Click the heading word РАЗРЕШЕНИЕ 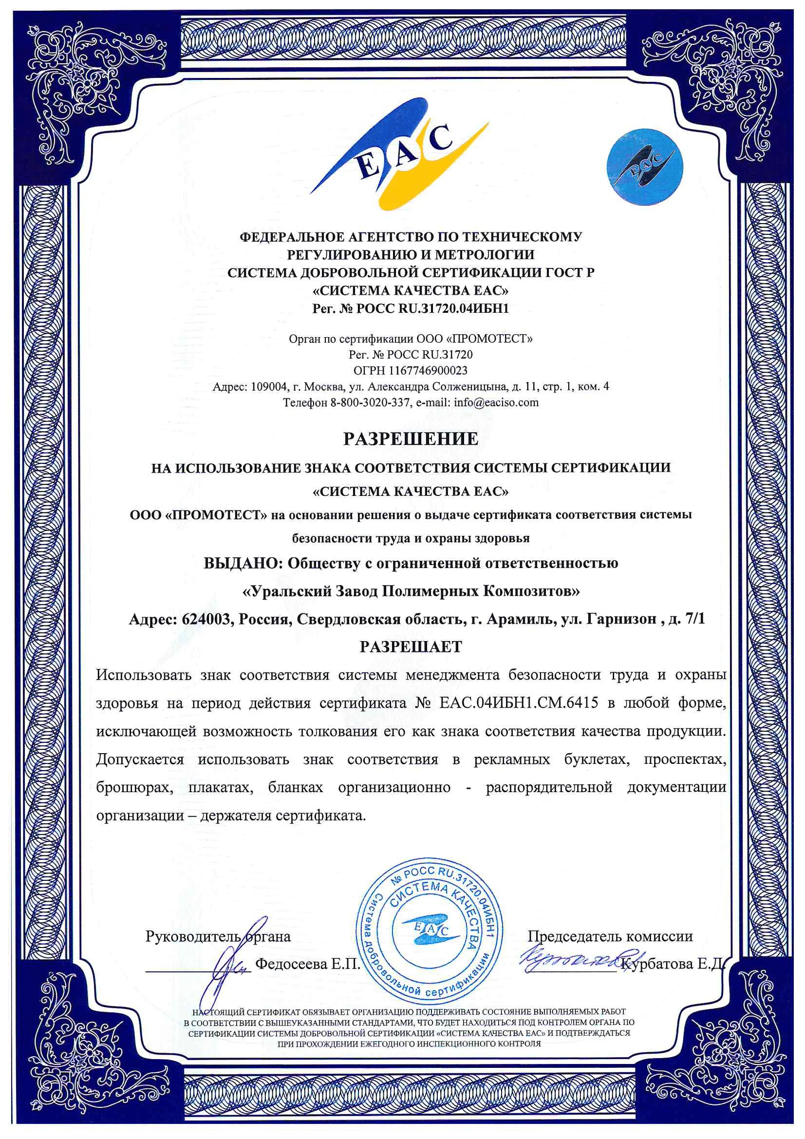411,439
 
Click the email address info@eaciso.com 496,402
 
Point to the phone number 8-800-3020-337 370,402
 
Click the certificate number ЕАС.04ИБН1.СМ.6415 518,703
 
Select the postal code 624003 207,619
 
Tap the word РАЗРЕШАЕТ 411,647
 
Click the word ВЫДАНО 243,564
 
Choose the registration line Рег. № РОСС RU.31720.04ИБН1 411,308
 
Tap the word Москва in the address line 322,386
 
